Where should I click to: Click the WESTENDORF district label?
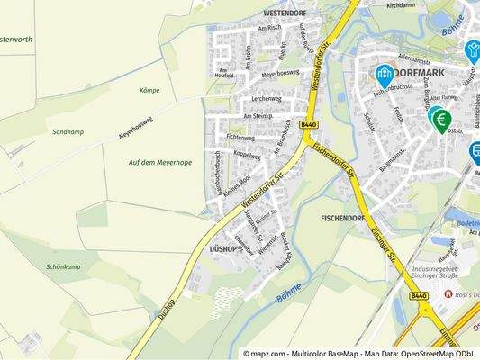click(288, 14)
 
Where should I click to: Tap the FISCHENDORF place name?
click(342, 218)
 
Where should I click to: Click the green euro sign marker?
click(441, 120)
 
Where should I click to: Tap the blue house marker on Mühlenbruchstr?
click(384, 73)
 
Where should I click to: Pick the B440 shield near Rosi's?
click(418, 295)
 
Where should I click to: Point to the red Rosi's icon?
click(447, 294)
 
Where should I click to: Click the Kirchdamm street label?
click(401, 4)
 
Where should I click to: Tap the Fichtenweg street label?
click(240, 138)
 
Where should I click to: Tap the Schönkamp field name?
click(63, 267)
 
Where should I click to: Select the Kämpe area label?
click(149, 91)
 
